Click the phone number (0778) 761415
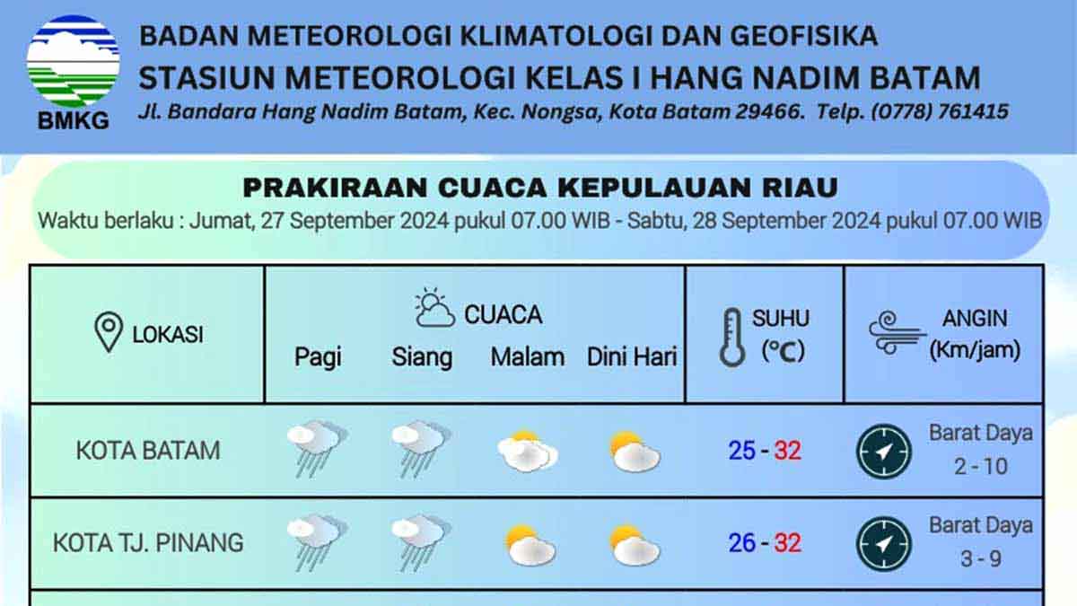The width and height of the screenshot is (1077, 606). [940, 111]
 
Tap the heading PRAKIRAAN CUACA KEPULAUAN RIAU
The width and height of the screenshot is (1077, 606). [540, 188]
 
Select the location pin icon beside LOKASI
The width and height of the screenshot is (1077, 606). [109, 332]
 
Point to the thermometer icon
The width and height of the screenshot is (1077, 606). [732, 338]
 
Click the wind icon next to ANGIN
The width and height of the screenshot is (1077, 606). [897, 333]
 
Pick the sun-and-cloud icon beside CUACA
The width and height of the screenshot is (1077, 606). [434, 308]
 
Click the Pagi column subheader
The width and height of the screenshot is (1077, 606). [318, 357]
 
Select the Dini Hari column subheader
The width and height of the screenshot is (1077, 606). [632, 357]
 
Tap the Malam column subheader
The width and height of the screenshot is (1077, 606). [528, 357]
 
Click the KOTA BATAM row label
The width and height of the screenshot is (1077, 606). [148, 451]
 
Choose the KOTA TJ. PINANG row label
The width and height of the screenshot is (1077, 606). [148, 543]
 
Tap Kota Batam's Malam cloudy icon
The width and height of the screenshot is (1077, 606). [528, 452]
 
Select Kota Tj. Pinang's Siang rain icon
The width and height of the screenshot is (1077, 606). [421, 542]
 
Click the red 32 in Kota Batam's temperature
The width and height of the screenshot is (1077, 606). [788, 451]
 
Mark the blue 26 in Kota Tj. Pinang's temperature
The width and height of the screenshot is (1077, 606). [742, 543]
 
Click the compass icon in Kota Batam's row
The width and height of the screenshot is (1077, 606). [884, 452]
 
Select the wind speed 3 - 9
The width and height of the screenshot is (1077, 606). [981, 558]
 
